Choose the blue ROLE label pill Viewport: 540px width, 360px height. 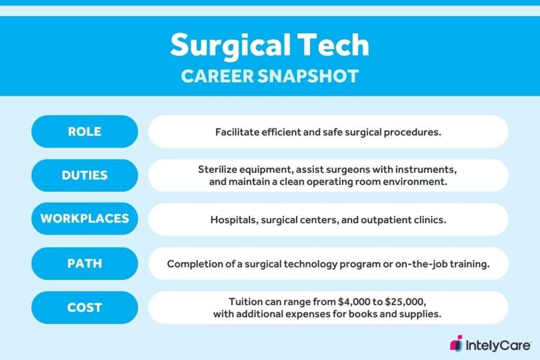[84, 131]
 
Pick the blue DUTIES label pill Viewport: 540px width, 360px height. [84, 176]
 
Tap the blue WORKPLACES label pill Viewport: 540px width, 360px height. [84, 219]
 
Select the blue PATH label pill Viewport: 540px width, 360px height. [84, 263]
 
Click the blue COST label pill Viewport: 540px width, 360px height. [84, 307]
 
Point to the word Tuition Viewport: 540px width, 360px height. [246, 302]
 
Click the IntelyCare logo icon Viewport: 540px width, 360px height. [456, 343]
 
